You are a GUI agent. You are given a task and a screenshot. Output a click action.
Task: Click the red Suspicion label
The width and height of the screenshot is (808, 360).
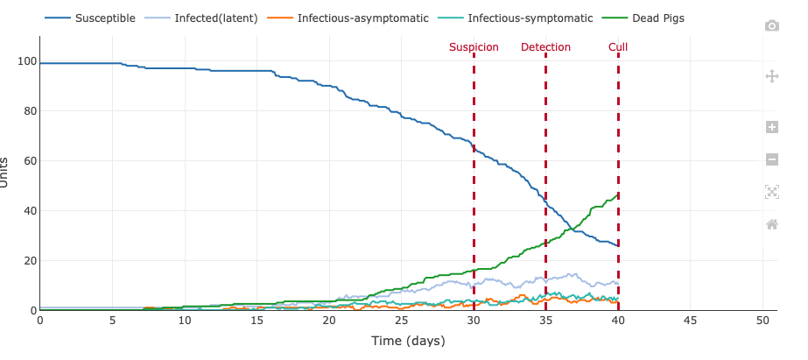[474, 47]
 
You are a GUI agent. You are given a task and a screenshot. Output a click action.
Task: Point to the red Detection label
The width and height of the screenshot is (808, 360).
[545, 47]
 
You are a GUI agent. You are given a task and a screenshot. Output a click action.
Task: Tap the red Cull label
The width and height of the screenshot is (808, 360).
[618, 47]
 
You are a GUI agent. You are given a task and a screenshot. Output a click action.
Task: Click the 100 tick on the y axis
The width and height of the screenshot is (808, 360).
[25, 61]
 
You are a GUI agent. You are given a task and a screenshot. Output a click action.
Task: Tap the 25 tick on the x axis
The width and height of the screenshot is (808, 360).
[401, 321]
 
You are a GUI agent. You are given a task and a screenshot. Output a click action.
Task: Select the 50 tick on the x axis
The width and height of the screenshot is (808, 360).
[762, 321]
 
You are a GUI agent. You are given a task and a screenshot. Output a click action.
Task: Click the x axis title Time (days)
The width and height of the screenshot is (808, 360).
[408, 341]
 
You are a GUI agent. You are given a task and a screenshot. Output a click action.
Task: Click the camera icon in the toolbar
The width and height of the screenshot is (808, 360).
[772, 26]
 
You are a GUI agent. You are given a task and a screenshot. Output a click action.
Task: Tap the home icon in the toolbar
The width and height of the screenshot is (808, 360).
[772, 224]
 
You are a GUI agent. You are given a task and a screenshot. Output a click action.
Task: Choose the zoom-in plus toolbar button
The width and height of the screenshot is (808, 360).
[772, 127]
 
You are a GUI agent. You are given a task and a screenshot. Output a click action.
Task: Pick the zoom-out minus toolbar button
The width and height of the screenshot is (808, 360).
[772, 159]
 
